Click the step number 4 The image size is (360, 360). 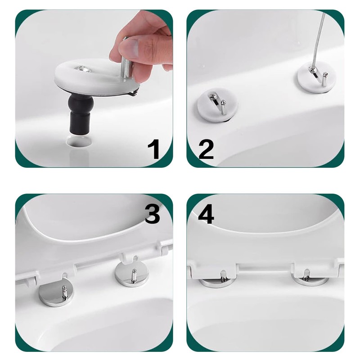tap(206, 215)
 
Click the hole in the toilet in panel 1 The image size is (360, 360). tap(80, 141)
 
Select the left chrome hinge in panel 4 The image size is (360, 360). tap(216, 281)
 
